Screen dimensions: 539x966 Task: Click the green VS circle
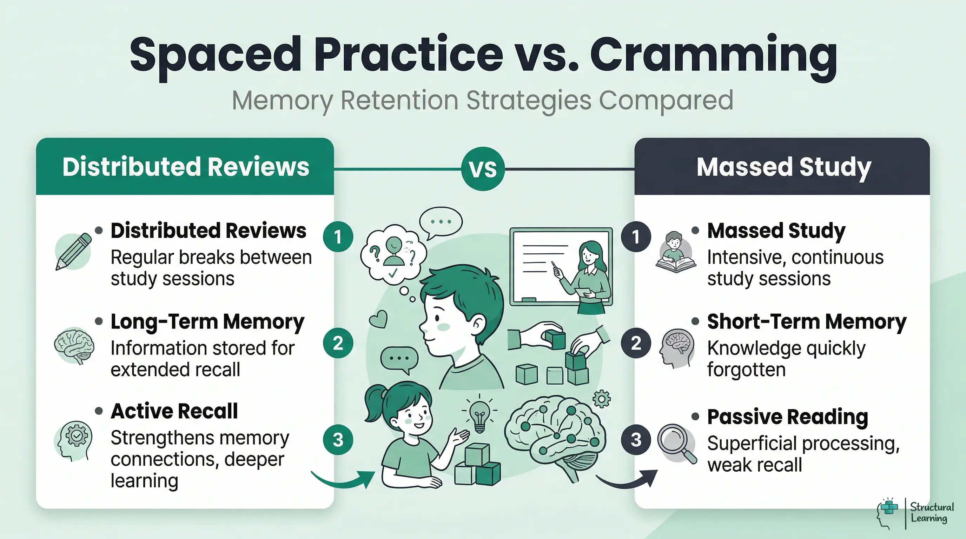coord(483,169)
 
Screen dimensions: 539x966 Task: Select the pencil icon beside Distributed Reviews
coord(74,251)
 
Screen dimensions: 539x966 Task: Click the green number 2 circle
coord(338,343)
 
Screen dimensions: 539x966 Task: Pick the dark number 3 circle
coord(636,439)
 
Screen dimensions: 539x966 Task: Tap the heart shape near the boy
coord(378,319)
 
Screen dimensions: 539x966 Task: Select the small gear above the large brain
coord(602,399)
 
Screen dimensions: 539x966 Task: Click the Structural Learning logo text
coord(932,513)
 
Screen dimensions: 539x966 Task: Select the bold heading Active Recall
coord(174,411)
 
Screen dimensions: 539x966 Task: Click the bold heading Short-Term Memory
coord(807,321)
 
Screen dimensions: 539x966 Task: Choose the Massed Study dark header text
coord(784,167)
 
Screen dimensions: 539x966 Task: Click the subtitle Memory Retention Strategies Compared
coord(482,100)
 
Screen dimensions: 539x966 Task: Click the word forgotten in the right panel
coord(746,370)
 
